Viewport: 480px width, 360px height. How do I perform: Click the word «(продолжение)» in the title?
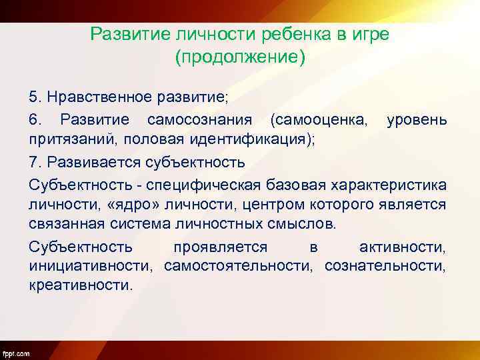point(240,57)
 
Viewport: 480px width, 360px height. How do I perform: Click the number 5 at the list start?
point(33,97)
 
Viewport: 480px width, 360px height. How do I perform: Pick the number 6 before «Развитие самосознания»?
point(33,120)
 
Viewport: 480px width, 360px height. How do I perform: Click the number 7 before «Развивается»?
point(33,163)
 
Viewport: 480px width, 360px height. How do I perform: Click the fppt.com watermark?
point(16,353)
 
